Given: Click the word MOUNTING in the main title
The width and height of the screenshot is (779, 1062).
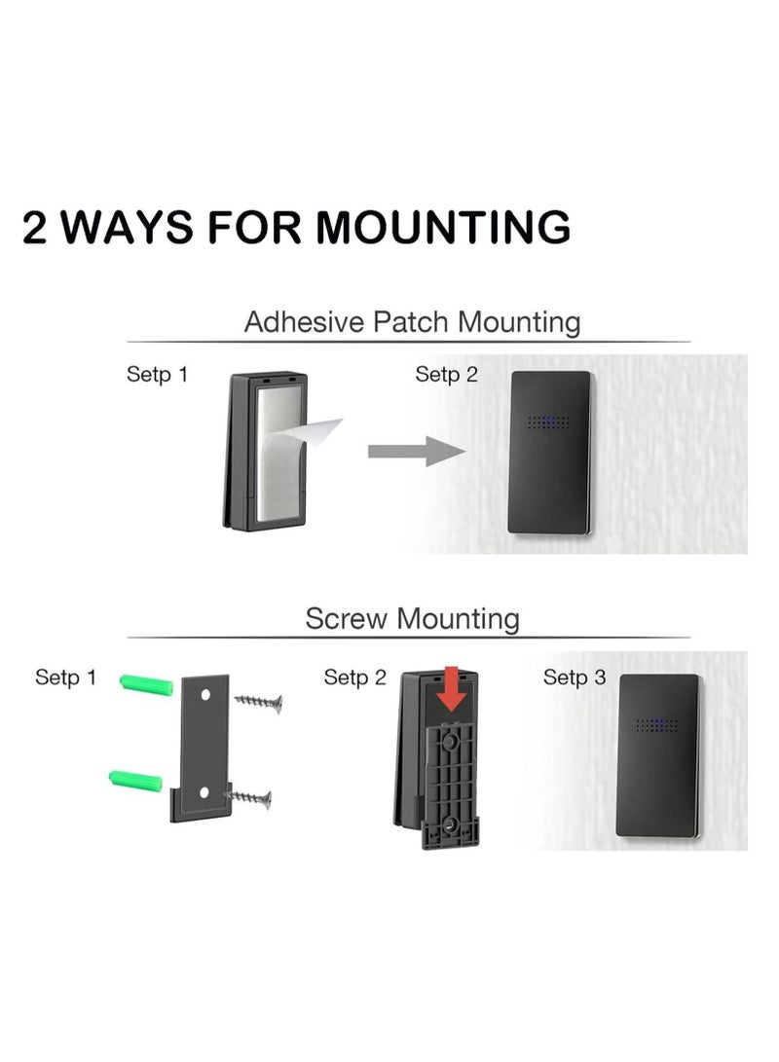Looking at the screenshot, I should tap(442, 227).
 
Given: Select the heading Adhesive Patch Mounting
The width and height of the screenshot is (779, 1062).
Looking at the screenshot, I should tap(411, 321).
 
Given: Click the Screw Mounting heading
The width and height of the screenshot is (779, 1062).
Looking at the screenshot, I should tap(412, 618).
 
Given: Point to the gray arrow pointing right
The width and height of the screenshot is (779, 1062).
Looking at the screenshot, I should tap(415, 451).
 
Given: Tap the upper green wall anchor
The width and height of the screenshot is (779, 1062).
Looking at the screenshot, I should tap(146, 684).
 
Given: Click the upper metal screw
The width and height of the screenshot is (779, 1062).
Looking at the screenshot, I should tap(259, 701).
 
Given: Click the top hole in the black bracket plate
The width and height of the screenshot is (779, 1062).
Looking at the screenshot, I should tap(206, 697).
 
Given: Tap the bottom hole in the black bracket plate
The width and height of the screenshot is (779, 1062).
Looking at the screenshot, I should tap(204, 793).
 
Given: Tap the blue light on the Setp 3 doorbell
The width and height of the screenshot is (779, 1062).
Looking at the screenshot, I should tap(659, 725).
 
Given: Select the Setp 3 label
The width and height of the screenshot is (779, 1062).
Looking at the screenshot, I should tap(575, 677).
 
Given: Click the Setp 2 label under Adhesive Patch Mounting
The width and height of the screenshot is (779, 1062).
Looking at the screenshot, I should tap(446, 374).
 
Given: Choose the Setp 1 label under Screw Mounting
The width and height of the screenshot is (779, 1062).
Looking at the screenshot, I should tap(65, 677).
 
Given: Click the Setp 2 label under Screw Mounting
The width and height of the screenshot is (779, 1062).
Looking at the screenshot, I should tap(354, 677).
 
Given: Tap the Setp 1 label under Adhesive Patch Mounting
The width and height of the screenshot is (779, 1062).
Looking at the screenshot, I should tap(157, 374).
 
